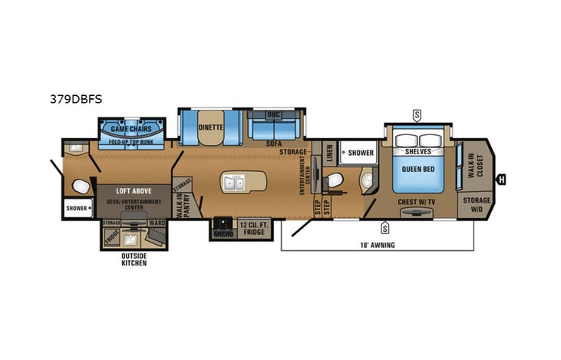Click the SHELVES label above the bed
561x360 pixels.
point(418,151)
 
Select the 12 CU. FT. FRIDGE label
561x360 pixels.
point(253,227)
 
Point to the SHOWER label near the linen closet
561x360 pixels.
point(361,153)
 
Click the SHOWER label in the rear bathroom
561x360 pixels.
point(76,208)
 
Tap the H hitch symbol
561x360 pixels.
point(501,179)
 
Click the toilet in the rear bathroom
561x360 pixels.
point(79,185)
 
